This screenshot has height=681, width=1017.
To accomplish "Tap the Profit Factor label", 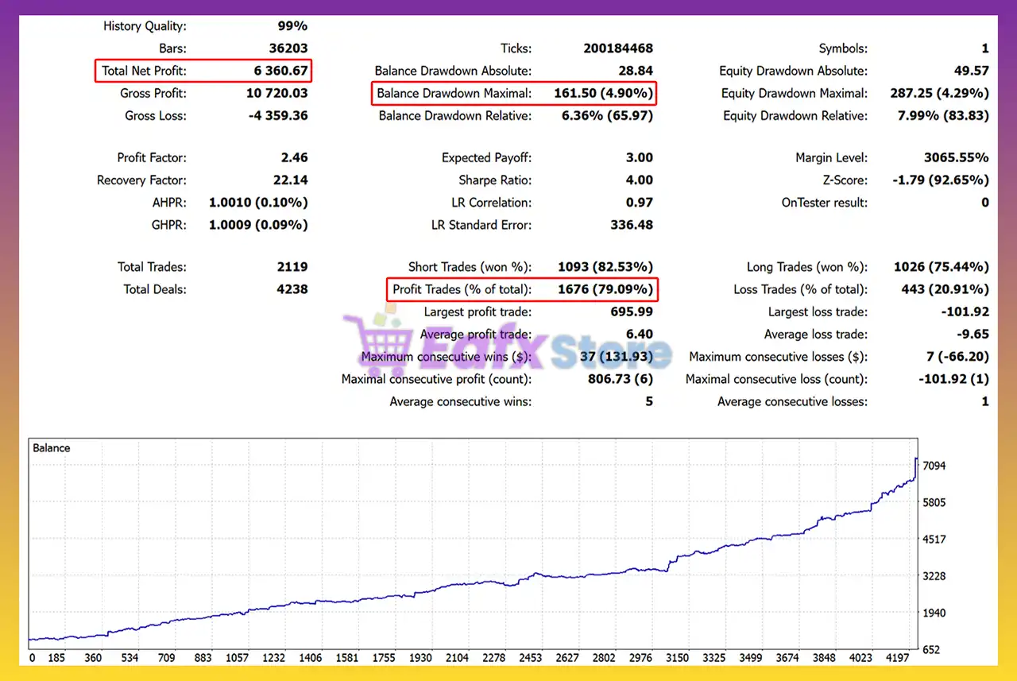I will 152,157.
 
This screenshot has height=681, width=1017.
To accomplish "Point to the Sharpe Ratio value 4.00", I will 639,180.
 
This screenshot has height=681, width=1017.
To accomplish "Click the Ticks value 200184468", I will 618,48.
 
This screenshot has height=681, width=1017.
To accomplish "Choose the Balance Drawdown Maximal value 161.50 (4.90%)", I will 603,93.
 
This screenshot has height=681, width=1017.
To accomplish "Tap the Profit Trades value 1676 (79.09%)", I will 605,289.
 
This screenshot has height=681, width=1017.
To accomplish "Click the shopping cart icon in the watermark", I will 376,342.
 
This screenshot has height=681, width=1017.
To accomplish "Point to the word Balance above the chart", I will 52,448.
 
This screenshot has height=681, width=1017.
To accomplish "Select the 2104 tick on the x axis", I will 457,658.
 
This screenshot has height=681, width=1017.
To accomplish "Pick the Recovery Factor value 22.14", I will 288,180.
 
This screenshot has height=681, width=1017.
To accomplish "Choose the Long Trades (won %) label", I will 806,267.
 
